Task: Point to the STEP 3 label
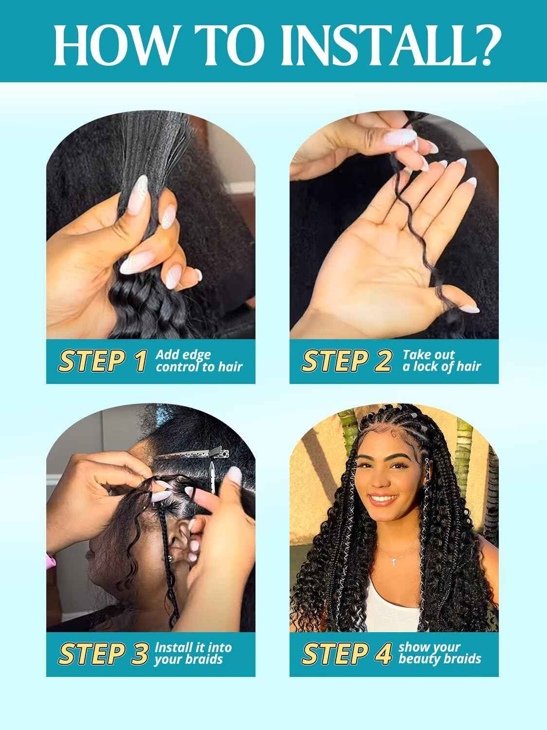tap(103, 653)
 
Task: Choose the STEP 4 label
tap(346, 653)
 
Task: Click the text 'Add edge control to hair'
tap(199, 360)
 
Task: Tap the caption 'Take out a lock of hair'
tap(441, 360)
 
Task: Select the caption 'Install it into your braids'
tap(193, 653)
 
